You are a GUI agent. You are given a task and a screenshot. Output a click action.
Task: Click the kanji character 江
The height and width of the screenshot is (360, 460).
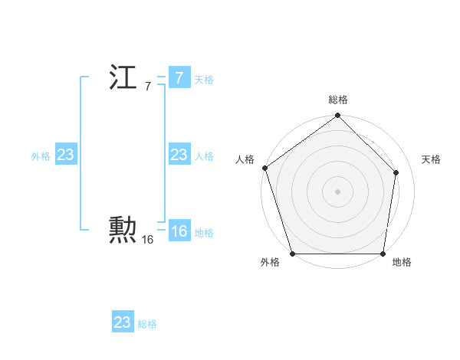(123, 78)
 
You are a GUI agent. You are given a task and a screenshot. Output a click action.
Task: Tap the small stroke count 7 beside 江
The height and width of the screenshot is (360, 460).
(147, 87)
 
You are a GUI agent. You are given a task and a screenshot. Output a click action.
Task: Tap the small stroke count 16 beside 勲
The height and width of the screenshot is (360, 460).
(147, 240)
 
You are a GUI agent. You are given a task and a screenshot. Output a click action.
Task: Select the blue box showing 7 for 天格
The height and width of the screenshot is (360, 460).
(179, 78)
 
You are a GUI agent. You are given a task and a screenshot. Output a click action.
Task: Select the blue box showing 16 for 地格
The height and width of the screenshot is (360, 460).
(179, 231)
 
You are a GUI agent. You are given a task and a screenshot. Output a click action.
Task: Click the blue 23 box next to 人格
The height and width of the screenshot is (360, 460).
(179, 155)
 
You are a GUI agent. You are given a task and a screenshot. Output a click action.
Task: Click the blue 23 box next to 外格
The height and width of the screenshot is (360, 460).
(66, 155)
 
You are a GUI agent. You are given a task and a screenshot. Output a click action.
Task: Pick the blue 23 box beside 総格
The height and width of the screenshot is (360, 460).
(123, 322)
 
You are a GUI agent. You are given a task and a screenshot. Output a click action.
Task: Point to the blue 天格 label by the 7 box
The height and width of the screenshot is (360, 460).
(204, 80)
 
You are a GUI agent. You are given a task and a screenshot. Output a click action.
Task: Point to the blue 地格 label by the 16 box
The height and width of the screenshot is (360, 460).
(204, 233)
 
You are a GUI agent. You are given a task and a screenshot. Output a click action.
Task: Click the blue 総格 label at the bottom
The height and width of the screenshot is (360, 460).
(147, 324)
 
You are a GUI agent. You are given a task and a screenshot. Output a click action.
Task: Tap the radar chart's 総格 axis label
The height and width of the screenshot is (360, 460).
(338, 100)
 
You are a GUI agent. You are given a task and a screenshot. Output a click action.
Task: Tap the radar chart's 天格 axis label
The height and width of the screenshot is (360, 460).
(432, 159)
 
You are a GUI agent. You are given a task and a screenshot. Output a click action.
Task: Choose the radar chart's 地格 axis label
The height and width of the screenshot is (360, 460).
(402, 263)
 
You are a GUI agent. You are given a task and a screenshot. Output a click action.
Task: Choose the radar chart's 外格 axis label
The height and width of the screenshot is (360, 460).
(270, 263)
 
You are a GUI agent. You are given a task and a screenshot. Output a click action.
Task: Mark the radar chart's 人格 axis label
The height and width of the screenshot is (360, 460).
(245, 159)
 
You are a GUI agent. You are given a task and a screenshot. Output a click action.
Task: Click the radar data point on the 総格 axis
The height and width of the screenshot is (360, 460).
(337, 116)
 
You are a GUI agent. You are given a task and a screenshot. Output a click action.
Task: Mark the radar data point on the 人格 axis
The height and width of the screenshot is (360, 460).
(264, 168)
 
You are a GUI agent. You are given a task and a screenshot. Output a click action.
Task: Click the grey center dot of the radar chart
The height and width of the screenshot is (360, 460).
(337, 191)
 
